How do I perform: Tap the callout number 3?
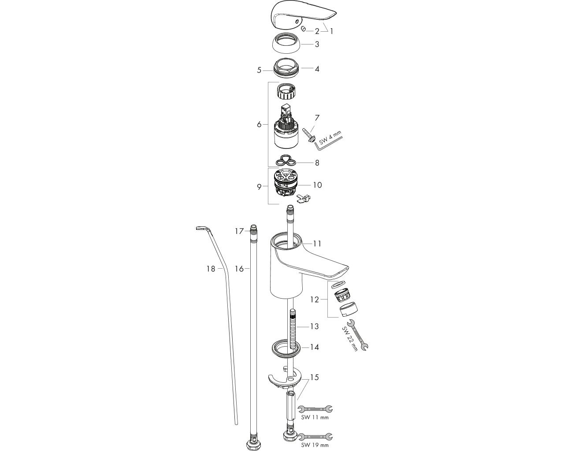[x=317, y=44]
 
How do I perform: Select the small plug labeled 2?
[x=304, y=28]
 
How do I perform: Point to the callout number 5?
[x=259, y=70]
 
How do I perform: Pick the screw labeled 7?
[x=308, y=136]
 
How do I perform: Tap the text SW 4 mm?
[x=330, y=137]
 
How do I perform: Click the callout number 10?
[x=317, y=185]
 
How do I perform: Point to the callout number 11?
[x=317, y=244]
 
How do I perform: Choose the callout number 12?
[x=315, y=299]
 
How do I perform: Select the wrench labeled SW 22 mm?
[x=358, y=335]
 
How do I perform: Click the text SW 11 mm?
[x=315, y=418]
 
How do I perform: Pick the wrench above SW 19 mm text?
[x=315, y=437]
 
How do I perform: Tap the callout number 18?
[x=211, y=269]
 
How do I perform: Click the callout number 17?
[x=239, y=231]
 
